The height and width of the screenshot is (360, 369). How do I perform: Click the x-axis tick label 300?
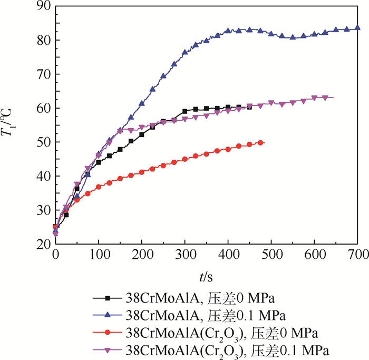click(184, 255)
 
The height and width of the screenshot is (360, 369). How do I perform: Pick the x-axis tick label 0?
click(55, 255)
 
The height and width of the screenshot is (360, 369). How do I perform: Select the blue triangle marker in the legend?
click(108, 315)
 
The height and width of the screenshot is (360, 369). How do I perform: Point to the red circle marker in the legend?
click(108, 333)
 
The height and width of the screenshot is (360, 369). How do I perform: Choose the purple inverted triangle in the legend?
click(108, 350)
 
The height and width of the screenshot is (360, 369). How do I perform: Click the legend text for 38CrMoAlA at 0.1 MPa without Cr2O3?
click(206, 315)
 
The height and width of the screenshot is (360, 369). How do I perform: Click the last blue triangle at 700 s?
click(357, 28)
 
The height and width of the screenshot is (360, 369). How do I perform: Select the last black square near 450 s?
click(249, 106)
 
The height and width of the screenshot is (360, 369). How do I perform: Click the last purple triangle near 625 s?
click(325, 98)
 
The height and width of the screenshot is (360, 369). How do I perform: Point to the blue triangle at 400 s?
click(228, 31)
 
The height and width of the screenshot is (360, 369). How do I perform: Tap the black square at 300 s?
click(184, 111)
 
